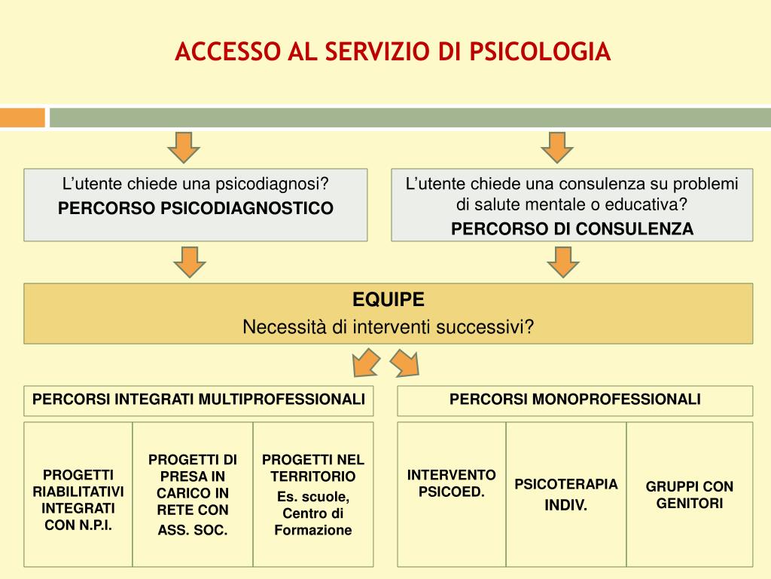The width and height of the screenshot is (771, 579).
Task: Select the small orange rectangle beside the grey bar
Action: (x=22, y=118)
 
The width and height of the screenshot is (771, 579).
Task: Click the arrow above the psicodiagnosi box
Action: (x=183, y=147)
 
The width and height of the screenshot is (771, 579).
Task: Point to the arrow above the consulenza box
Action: (x=557, y=147)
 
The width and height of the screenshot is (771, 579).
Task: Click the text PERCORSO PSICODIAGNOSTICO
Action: (x=196, y=208)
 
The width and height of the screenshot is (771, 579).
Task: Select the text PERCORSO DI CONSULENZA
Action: (x=572, y=228)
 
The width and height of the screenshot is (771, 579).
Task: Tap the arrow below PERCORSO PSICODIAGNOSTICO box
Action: (x=190, y=261)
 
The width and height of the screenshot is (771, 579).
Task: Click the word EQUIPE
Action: (x=389, y=300)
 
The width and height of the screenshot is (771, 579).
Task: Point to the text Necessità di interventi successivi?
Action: (x=389, y=327)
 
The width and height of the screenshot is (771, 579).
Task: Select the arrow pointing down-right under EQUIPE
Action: (x=404, y=364)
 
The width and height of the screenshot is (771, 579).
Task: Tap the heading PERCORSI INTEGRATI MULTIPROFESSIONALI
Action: (x=199, y=399)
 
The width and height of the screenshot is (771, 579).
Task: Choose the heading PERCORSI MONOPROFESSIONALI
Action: (x=575, y=399)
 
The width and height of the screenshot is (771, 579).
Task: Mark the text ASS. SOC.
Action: (x=193, y=530)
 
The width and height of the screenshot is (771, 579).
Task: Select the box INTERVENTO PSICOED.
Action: (x=452, y=483)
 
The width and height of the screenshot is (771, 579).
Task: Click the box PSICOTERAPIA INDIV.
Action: (x=566, y=494)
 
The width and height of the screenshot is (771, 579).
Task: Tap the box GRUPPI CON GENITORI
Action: (x=690, y=495)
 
